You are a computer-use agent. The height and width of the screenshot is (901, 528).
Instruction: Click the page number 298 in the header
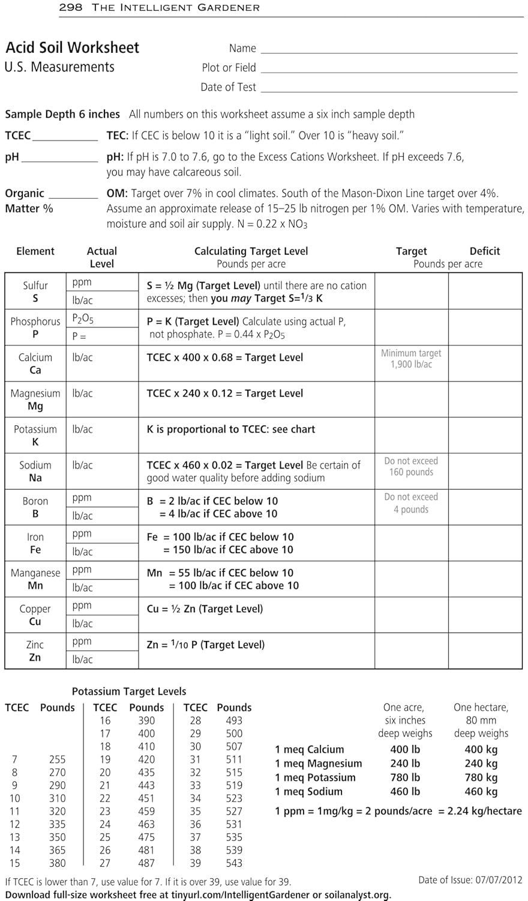[x=71, y=8]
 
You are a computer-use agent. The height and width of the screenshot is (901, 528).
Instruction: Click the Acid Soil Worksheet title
[x=73, y=47]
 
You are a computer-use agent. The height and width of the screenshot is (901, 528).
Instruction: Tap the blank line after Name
[x=389, y=49]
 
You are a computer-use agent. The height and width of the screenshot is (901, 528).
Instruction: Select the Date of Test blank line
[x=389, y=88]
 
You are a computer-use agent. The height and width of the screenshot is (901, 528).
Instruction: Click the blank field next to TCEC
[x=65, y=136]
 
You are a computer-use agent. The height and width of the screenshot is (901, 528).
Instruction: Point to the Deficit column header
[x=484, y=251]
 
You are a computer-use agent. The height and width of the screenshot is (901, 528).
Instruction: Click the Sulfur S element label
[x=35, y=291]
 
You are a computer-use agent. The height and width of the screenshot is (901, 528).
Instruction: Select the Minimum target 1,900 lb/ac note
[x=411, y=359]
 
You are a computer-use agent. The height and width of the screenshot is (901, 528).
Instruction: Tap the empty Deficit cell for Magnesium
[x=485, y=399]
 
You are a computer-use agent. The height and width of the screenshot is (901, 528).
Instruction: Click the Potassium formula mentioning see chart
[x=231, y=429]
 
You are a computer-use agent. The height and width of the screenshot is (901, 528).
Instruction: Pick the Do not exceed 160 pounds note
[x=411, y=466]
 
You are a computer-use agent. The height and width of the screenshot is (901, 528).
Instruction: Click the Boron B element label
[x=35, y=507]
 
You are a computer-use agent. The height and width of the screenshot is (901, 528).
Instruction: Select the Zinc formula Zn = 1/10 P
[x=206, y=645]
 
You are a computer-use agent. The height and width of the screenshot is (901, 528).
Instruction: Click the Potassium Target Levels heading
[x=129, y=691]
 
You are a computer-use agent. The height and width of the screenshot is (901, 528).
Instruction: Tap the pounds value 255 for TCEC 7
[x=58, y=760]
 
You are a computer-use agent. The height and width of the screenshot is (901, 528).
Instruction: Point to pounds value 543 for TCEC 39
[x=234, y=863]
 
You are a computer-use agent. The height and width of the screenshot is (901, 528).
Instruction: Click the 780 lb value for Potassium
[x=405, y=778]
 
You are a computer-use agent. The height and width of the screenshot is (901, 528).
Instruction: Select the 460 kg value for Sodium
[x=481, y=792]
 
